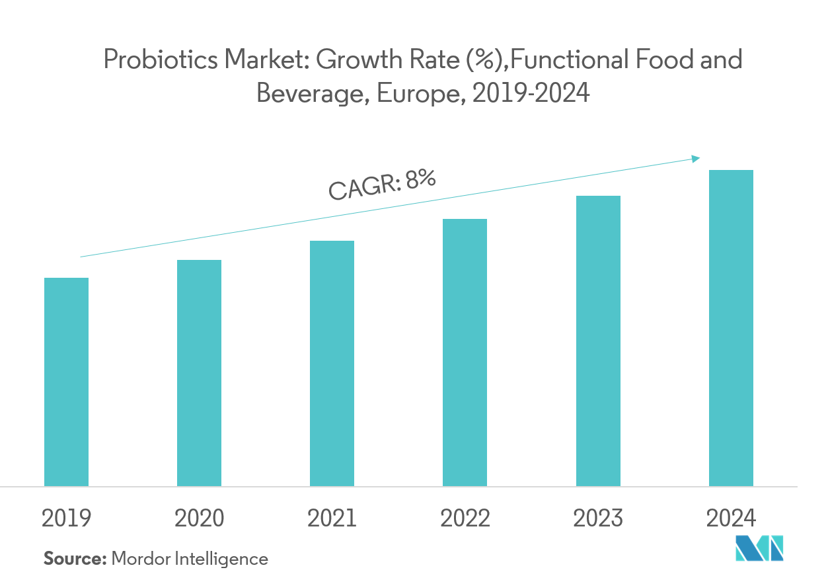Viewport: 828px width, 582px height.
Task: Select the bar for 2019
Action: click(66, 382)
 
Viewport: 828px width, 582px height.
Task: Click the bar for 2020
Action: click(199, 373)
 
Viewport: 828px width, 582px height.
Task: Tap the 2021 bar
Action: click(332, 363)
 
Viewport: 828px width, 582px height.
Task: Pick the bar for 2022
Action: click(465, 353)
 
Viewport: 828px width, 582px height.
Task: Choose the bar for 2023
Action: click(598, 341)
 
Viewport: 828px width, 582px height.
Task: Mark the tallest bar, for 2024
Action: click(731, 328)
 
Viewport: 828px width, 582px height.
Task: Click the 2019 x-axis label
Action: click(66, 519)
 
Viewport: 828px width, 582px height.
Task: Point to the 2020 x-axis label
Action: click(199, 519)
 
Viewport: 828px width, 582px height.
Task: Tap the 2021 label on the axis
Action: click(332, 519)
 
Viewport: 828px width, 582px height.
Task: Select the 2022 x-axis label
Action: click(465, 519)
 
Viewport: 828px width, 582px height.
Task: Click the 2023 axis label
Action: click(598, 519)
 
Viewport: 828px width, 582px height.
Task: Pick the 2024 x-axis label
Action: click(731, 519)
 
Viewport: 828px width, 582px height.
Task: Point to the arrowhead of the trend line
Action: click(696, 158)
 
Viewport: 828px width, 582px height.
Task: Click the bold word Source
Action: click(75, 559)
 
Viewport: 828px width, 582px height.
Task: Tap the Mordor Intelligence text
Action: click(190, 559)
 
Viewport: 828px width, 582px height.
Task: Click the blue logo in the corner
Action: click(760, 549)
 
